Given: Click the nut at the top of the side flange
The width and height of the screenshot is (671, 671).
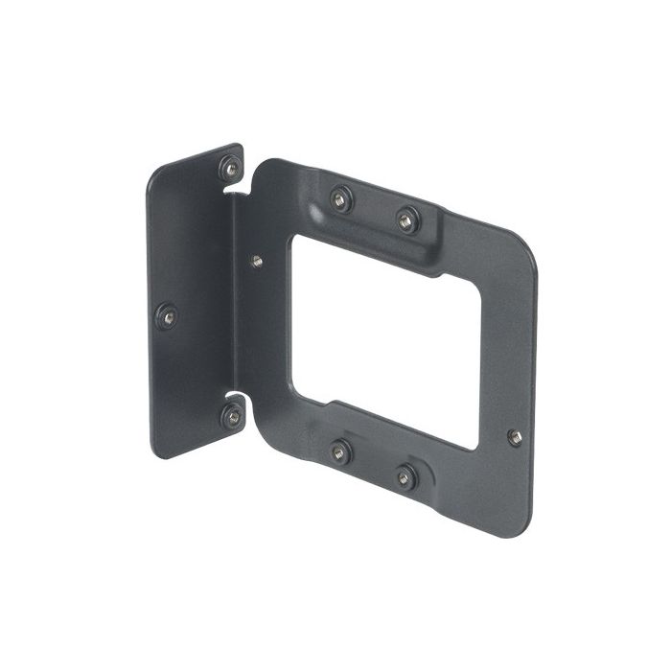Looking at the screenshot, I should point(230,169).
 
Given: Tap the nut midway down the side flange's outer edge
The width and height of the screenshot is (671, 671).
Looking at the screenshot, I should point(167,314).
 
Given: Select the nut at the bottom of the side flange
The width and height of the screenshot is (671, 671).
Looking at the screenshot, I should point(232,416).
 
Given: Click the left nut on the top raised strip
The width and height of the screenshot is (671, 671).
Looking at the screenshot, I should point(339,198).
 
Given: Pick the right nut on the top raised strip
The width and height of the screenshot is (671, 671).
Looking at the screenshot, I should point(406,220).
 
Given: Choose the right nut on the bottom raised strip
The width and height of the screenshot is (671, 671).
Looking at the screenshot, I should point(406,474).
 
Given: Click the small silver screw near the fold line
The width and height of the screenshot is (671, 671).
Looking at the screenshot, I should point(257,260).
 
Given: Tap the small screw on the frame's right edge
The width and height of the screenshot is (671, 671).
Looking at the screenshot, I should point(515,437).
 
